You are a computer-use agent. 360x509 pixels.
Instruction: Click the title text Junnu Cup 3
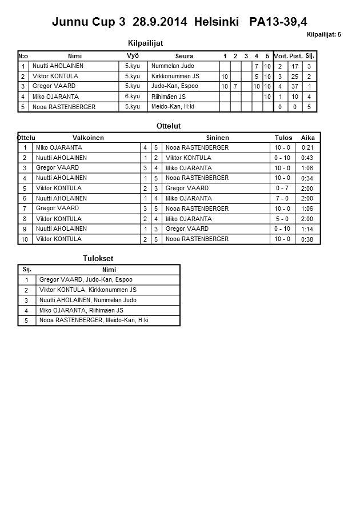coord(89,22)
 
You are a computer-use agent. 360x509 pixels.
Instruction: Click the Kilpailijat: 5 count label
coord(323,35)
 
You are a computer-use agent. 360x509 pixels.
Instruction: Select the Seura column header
coord(184,56)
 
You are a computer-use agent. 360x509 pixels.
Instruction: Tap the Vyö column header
coord(133,55)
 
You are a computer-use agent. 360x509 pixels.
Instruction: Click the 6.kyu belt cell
coord(132,97)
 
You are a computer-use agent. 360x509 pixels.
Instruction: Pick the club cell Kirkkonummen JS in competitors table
coord(175,76)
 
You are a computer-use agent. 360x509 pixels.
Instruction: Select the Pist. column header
coord(295,56)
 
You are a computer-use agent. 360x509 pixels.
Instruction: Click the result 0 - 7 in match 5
coord(282,189)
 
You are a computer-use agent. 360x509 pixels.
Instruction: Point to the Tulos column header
coord(283,138)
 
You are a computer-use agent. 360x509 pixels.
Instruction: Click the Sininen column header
coord(217,138)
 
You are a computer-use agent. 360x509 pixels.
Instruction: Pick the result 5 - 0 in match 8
coord(282,219)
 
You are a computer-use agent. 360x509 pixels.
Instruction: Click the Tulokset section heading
coord(98,259)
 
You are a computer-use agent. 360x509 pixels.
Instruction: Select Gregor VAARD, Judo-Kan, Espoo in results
coord(86,280)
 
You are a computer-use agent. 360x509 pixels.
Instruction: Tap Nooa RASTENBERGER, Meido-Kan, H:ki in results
coord(94,320)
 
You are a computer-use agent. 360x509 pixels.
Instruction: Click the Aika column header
coord(308,138)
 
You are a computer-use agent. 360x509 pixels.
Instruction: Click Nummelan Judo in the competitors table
coord(173,66)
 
